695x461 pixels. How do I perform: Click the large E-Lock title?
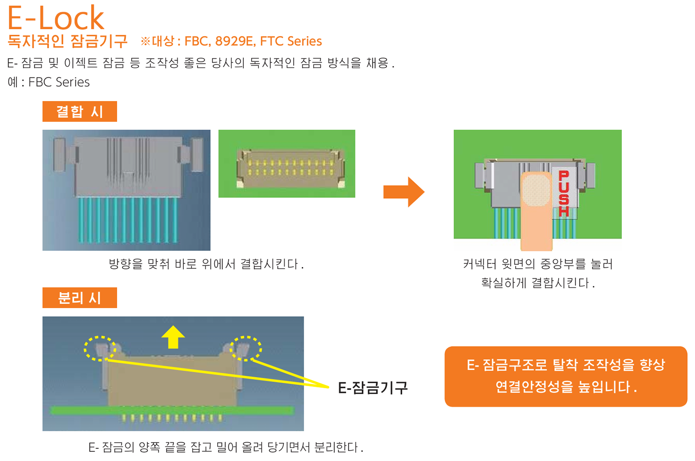56,18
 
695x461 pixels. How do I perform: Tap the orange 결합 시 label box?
79,111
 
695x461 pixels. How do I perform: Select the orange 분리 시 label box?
79,297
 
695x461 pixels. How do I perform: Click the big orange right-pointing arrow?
404,191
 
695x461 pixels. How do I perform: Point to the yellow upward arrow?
173,337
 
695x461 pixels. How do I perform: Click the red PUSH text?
564,194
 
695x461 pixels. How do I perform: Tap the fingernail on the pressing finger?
536,190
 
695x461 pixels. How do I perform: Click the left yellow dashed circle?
100,348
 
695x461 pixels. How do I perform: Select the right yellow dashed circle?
246,348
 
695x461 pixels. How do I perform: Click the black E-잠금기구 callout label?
373,388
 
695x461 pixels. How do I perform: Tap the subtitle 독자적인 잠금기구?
67,41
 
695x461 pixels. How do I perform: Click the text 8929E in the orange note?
234,41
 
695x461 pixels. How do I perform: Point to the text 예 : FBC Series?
49,82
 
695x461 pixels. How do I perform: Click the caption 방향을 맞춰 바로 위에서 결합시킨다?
206,264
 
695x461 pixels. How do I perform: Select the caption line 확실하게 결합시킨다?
538,283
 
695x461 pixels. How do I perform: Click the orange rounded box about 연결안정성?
566,376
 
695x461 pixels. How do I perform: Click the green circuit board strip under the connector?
172,410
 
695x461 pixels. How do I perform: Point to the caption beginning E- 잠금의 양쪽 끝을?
226,447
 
